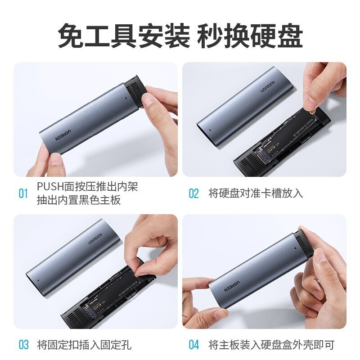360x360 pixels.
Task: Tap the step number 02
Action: (193, 194)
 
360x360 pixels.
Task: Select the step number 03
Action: (23, 345)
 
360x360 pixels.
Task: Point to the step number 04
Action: (193, 345)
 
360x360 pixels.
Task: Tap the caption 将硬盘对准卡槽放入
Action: (256, 193)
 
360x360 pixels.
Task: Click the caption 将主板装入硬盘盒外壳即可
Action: (272, 345)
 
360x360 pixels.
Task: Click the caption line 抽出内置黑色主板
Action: (79, 200)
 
